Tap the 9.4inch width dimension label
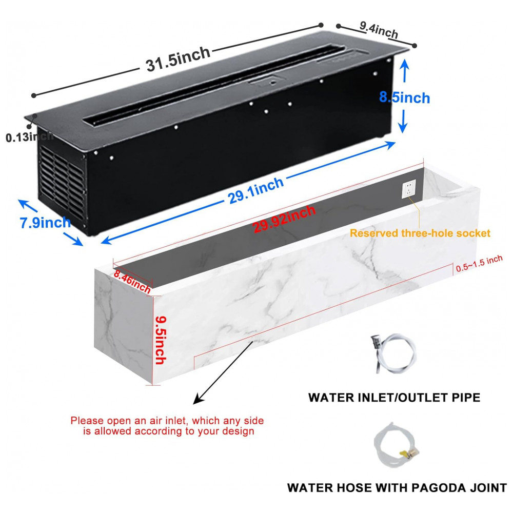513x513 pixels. pyautogui.click(x=379, y=30)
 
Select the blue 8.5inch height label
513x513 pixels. pyautogui.click(x=404, y=96)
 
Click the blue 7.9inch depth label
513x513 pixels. pyautogui.click(x=45, y=223)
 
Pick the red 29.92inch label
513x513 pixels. pyautogui.click(x=285, y=219)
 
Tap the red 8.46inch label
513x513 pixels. pyautogui.click(x=132, y=283)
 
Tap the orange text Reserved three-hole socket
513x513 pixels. pyautogui.click(x=420, y=233)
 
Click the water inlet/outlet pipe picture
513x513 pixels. pyautogui.click(x=392, y=352)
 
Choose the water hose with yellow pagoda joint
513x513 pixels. pyautogui.click(x=396, y=445)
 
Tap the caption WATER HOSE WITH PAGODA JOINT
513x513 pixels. pyautogui.click(x=397, y=487)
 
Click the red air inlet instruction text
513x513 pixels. pyautogui.click(x=167, y=426)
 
